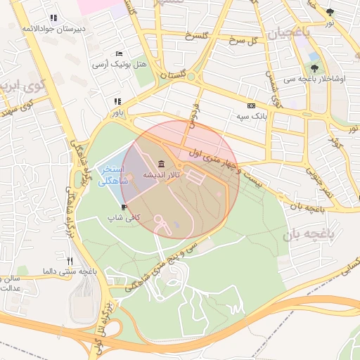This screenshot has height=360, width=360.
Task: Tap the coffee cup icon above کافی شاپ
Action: (124, 207)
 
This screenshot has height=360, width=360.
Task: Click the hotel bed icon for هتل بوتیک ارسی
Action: (120, 54)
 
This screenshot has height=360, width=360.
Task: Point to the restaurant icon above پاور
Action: (117, 101)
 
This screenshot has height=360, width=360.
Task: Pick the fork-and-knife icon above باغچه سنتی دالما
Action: (70, 261)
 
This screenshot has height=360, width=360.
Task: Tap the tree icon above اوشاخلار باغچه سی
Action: (314, 68)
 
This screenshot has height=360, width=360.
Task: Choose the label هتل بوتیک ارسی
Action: (120, 64)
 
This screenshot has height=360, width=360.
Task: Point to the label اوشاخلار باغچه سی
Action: (319, 78)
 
